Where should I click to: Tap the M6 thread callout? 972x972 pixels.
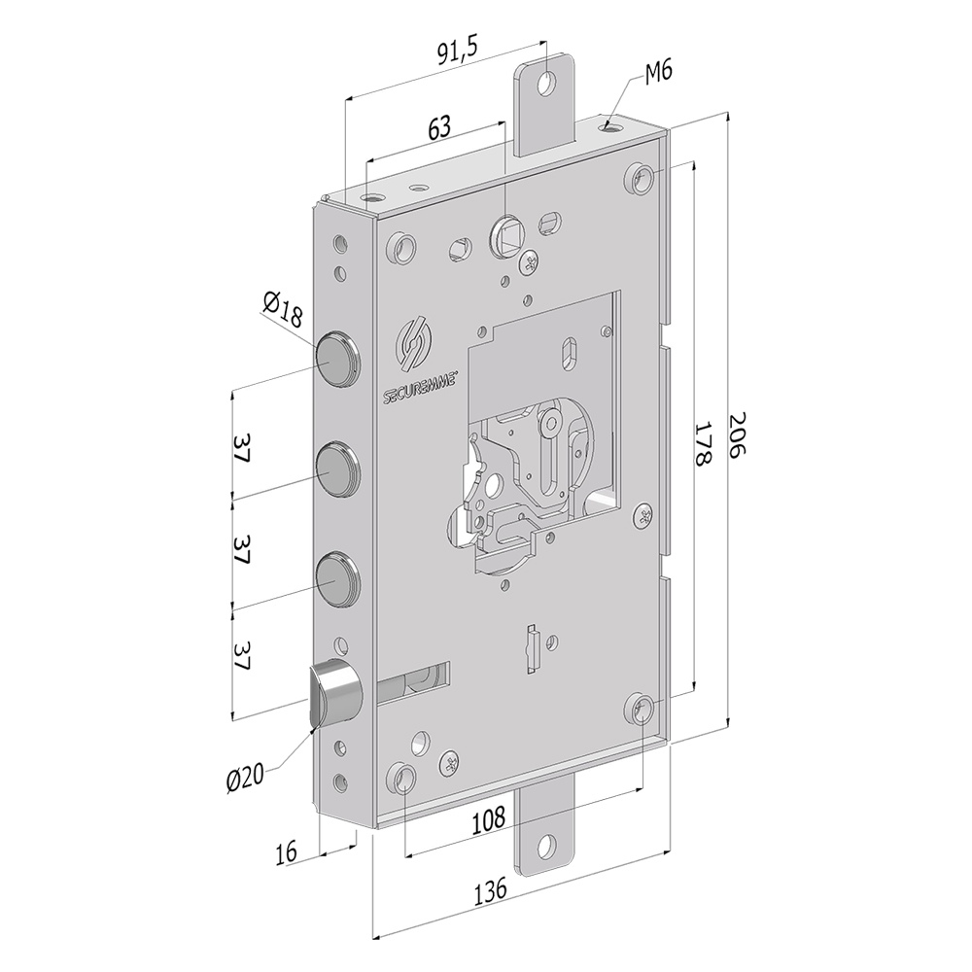click(658, 70)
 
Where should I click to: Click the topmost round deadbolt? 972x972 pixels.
click(336, 356)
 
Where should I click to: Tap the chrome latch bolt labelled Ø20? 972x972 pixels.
click(332, 692)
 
